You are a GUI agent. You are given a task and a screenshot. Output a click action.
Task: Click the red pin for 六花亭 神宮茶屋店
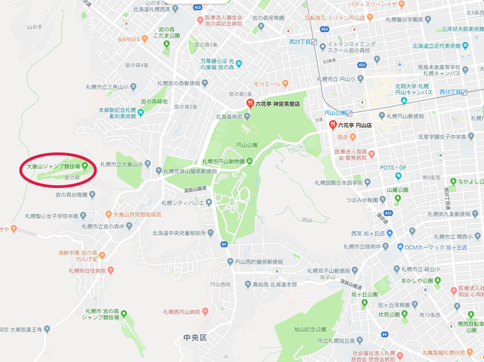(250, 103)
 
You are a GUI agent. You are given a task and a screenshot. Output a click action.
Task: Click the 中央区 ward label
(195, 338)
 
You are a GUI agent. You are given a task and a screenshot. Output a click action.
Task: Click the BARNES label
(129, 39)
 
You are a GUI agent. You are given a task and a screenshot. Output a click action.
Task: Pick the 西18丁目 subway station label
(451, 92)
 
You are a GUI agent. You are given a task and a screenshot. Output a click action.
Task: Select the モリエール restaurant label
(267, 83)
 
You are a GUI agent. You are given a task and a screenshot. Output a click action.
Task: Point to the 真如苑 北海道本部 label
(274, 284)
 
